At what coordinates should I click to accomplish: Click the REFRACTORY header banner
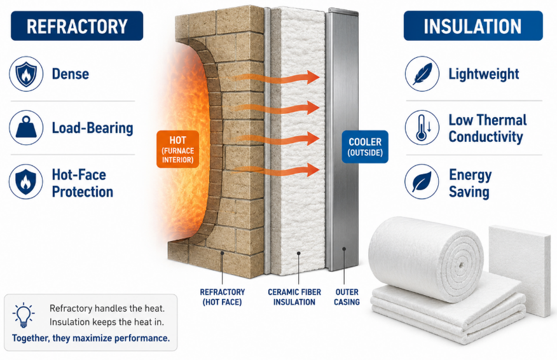pyautogui.click(x=77, y=25)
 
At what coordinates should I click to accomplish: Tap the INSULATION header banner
pyautogui.click(x=473, y=25)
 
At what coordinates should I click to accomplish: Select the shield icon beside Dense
pyautogui.click(x=26, y=74)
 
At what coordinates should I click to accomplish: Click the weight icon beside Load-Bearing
pyautogui.click(x=26, y=128)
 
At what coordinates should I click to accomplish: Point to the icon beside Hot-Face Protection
pyautogui.click(x=26, y=182)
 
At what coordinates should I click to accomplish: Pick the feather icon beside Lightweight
pyautogui.click(x=422, y=74)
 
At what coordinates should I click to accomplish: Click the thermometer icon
pyautogui.click(x=422, y=128)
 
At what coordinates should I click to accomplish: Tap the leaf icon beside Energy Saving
pyautogui.click(x=422, y=182)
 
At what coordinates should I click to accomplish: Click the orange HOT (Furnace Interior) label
pyautogui.click(x=177, y=149)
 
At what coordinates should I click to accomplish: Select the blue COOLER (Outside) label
pyautogui.click(x=365, y=147)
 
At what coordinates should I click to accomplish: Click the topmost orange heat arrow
pyautogui.click(x=273, y=78)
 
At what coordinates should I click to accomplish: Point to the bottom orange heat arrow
pyautogui.click(x=273, y=170)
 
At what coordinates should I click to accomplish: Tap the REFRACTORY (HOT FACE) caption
pyautogui.click(x=223, y=297)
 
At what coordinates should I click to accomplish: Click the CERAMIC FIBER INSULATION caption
pyautogui.click(x=294, y=297)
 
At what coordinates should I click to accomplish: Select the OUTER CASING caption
pyautogui.click(x=347, y=297)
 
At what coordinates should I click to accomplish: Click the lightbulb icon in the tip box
pyautogui.click(x=24, y=315)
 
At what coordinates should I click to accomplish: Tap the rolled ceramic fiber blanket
pyautogui.click(x=425, y=259)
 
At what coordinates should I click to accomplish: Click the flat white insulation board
pyautogui.click(x=519, y=271)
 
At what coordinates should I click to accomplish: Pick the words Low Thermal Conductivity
pyautogui.click(x=487, y=128)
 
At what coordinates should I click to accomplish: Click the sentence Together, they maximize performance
pyautogui.click(x=91, y=338)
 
